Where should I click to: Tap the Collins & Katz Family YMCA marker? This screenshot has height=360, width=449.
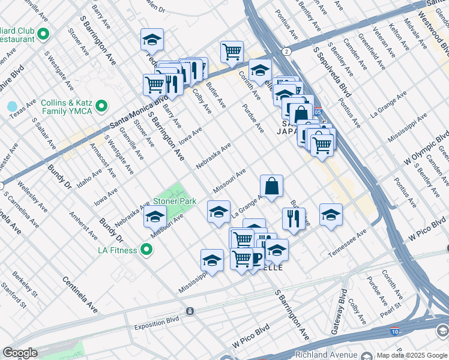[x=102, y=106]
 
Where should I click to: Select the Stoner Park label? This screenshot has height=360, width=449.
[x=175, y=202]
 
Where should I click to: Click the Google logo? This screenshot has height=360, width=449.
[x=19, y=353]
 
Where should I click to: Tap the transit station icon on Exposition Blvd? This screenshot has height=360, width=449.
[x=190, y=311]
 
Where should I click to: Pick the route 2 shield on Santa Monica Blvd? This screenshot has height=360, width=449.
[x=287, y=52]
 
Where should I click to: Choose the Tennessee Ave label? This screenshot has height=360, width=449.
[x=348, y=244]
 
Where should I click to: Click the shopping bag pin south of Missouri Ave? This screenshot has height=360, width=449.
[x=271, y=186]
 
